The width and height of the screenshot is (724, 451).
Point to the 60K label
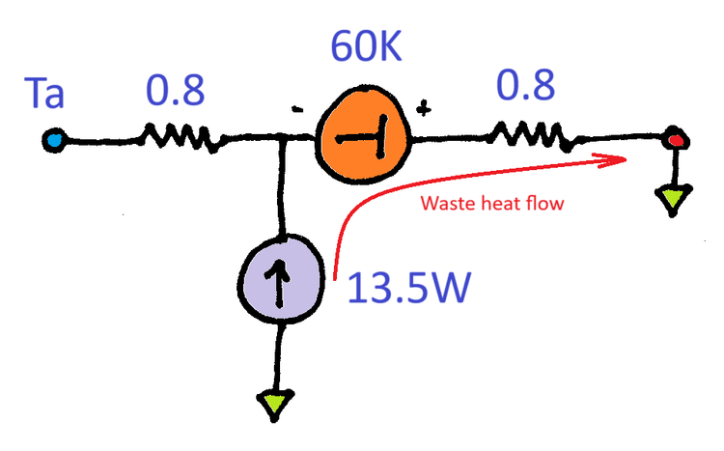(x=368, y=45)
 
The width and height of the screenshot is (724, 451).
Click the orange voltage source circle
(x=364, y=137)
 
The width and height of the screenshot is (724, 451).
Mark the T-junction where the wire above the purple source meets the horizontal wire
(x=280, y=142)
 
